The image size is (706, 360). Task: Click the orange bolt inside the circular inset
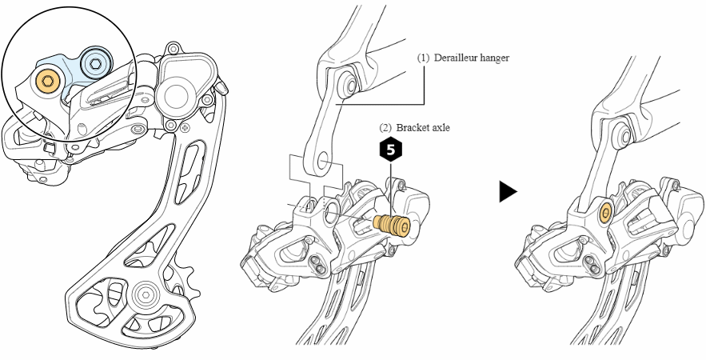[x=47, y=81]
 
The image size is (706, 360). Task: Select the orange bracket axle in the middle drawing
[x=392, y=224]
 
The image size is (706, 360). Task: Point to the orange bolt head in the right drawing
[x=604, y=213]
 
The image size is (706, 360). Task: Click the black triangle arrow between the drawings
[x=508, y=191]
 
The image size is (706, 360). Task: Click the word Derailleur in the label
[x=458, y=58]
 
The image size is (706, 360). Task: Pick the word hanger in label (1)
[x=495, y=58]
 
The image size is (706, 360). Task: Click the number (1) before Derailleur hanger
[x=423, y=58]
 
